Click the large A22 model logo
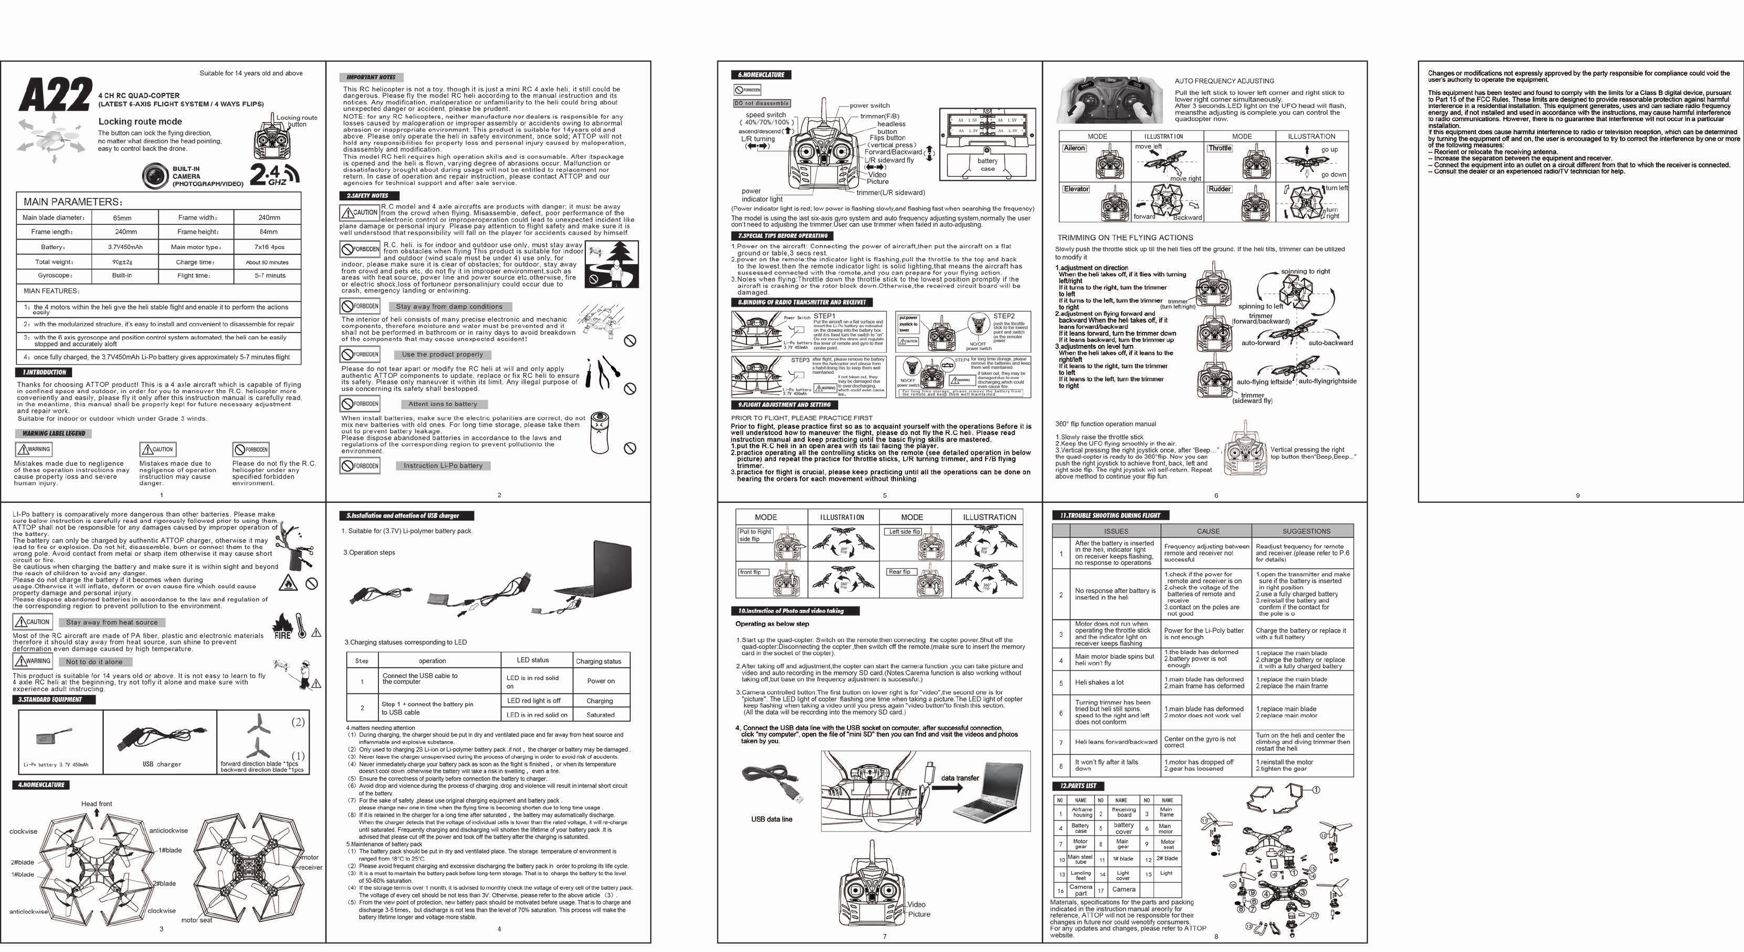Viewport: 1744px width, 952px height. point(56,95)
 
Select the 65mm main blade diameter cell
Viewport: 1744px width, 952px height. point(122,218)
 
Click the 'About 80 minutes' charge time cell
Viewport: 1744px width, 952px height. point(267,263)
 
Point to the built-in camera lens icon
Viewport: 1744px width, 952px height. point(155,175)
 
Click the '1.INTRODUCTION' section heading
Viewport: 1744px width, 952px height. point(44,372)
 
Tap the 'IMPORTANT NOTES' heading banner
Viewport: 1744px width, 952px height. point(371,77)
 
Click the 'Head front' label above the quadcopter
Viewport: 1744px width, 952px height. point(97,804)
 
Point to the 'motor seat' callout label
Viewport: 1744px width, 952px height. point(197,920)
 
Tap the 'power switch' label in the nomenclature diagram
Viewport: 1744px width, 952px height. point(869,105)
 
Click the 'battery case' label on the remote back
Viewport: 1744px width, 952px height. point(987,164)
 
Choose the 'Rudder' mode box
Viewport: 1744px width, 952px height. point(1219,189)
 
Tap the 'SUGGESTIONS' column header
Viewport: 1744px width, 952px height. point(1306,531)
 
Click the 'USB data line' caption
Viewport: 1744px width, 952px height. point(771,819)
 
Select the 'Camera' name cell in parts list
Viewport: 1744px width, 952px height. point(1123,889)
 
